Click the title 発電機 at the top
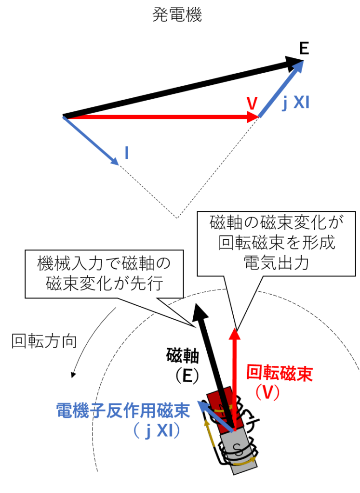click(177, 14)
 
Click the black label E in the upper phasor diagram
click(304, 49)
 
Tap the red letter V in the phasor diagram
click(252, 104)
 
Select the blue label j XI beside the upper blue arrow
click(295, 103)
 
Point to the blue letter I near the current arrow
click(126, 153)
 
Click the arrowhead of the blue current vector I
click(114, 160)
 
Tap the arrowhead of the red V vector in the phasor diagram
click(253, 117)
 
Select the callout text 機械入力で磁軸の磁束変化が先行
click(104, 273)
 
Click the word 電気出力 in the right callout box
click(276, 263)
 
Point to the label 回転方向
click(44, 341)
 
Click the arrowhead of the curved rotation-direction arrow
click(73, 374)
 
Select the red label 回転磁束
click(280, 373)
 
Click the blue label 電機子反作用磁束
click(123, 410)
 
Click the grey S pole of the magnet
click(238, 451)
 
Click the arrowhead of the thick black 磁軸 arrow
click(199, 311)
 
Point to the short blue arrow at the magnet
click(216, 415)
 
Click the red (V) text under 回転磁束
click(267, 392)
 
